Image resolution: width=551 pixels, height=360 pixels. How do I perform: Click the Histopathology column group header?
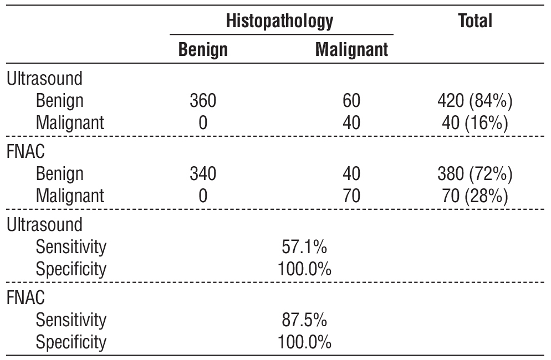(279, 21)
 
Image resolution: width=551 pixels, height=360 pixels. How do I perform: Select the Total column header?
(475, 21)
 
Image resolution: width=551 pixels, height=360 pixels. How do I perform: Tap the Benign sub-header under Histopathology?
(203, 50)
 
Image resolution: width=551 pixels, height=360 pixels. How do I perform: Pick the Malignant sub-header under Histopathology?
(351, 50)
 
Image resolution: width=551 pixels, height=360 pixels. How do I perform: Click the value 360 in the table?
(203, 101)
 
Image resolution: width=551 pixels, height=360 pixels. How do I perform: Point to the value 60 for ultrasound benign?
(351, 101)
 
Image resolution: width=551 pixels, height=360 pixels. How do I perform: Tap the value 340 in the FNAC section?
(203, 174)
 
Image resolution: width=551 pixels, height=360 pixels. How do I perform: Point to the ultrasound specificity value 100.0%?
(304, 269)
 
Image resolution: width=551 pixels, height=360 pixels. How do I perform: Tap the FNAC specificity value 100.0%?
(304, 342)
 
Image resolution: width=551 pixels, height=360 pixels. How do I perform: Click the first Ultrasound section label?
(44, 79)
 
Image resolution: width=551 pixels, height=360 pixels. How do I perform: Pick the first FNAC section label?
(25, 152)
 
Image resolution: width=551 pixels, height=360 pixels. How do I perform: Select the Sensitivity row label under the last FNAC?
(70, 320)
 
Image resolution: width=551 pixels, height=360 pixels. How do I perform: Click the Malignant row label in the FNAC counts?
(70, 196)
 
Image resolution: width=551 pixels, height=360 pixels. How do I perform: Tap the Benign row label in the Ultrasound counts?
(60, 101)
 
